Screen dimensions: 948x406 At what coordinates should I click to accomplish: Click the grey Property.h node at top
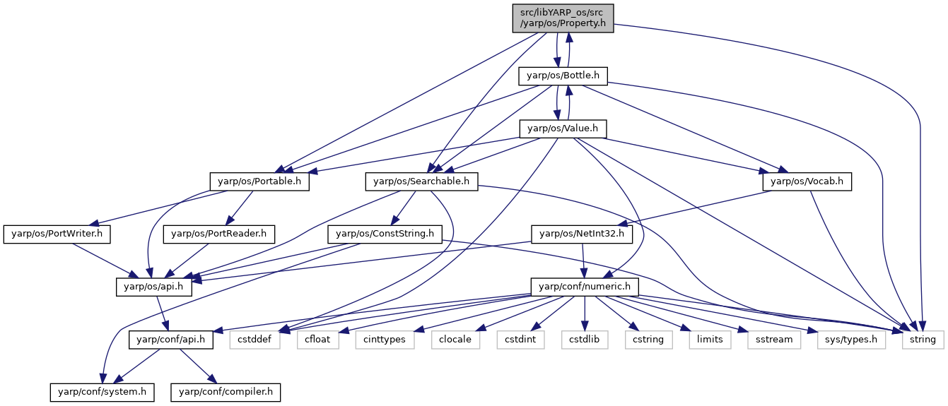[563, 18]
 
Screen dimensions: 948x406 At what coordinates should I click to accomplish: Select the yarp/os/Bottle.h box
[563, 76]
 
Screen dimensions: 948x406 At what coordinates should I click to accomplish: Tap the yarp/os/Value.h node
[563, 129]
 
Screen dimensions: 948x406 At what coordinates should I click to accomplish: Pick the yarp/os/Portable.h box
[259, 182]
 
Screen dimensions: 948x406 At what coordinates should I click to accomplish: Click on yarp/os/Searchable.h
[421, 182]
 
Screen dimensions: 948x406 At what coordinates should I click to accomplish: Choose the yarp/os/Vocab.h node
[807, 182]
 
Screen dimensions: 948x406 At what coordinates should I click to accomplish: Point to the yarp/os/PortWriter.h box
[57, 234]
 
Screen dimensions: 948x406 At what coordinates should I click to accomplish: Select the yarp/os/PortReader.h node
[219, 234]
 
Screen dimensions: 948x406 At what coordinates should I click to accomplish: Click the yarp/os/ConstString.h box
[385, 234]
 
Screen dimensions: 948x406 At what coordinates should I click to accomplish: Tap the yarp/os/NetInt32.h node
[582, 234]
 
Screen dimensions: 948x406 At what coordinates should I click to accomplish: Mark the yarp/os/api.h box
[153, 287]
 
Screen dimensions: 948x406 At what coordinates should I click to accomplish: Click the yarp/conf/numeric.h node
[585, 287]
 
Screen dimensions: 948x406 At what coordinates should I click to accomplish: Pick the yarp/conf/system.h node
[102, 393]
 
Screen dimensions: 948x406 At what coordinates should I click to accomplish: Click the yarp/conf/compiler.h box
[226, 393]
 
